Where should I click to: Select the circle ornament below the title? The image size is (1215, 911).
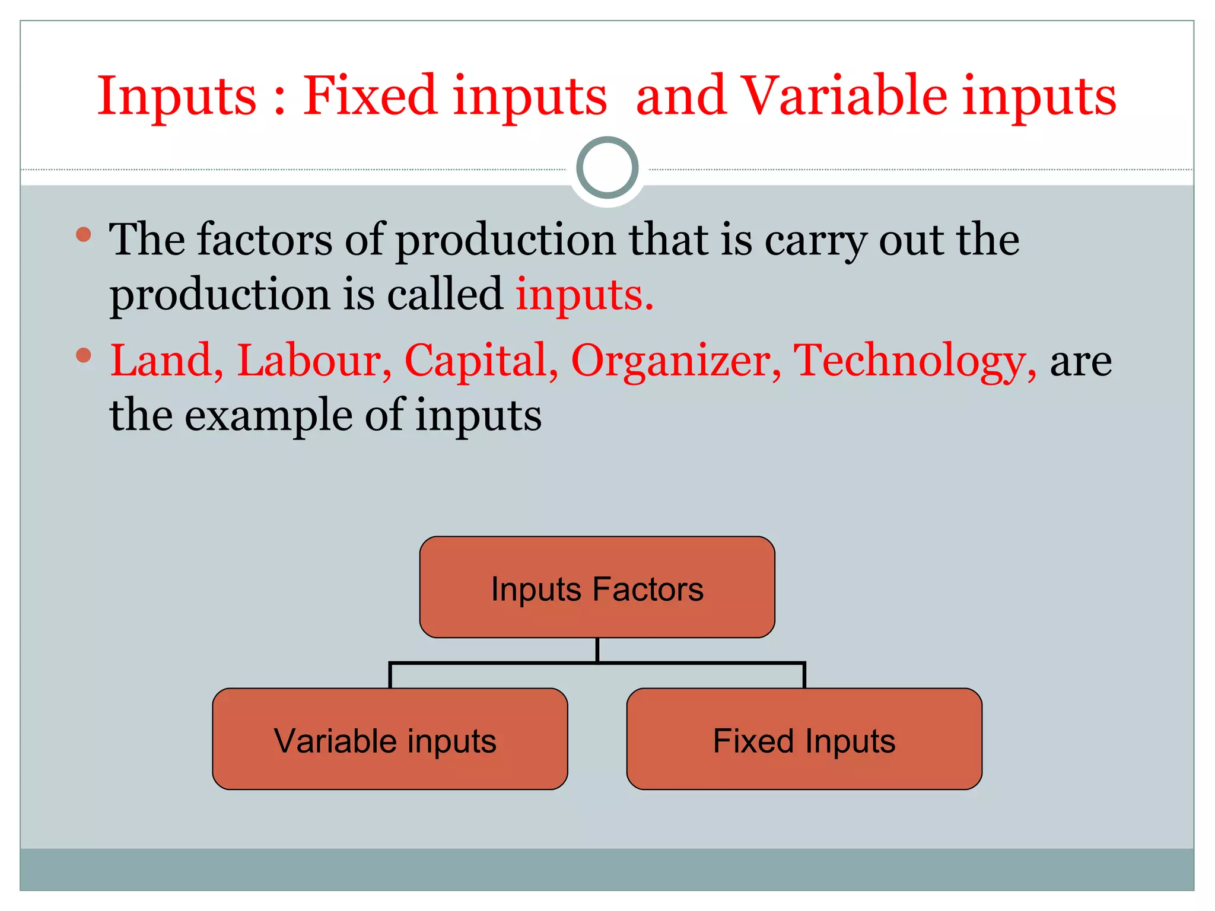click(x=607, y=168)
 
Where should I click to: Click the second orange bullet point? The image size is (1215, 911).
click(x=84, y=355)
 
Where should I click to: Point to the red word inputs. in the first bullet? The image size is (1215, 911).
click(x=584, y=295)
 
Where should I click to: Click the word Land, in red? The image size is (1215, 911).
click(x=167, y=360)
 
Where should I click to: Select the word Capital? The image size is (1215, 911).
click(x=481, y=360)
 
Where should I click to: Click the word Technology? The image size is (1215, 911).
click(x=914, y=361)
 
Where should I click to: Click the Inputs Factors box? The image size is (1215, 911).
click(x=597, y=587)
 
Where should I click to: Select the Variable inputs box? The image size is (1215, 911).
click(x=390, y=739)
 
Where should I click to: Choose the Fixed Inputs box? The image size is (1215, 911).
click(x=804, y=739)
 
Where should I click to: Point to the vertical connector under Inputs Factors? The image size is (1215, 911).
click(x=597, y=650)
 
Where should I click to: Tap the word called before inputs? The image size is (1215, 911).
click(x=445, y=295)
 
